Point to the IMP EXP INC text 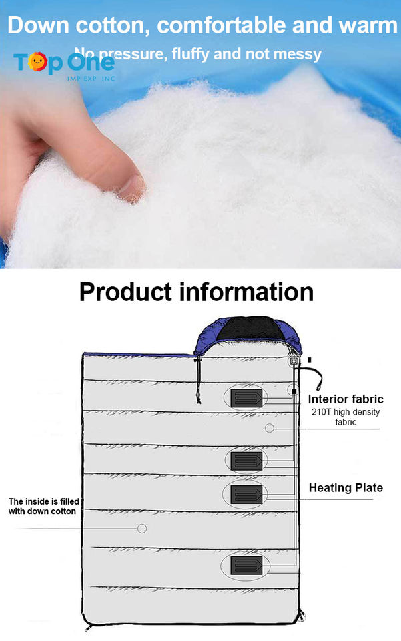[x=91, y=78]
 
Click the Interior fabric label [x=345, y=399]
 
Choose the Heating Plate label [x=346, y=488]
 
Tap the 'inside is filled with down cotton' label [x=42, y=506]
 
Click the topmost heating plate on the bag [x=246, y=399]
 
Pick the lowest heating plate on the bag [x=246, y=567]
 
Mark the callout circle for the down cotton [x=141, y=528]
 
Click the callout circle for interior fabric [x=270, y=428]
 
